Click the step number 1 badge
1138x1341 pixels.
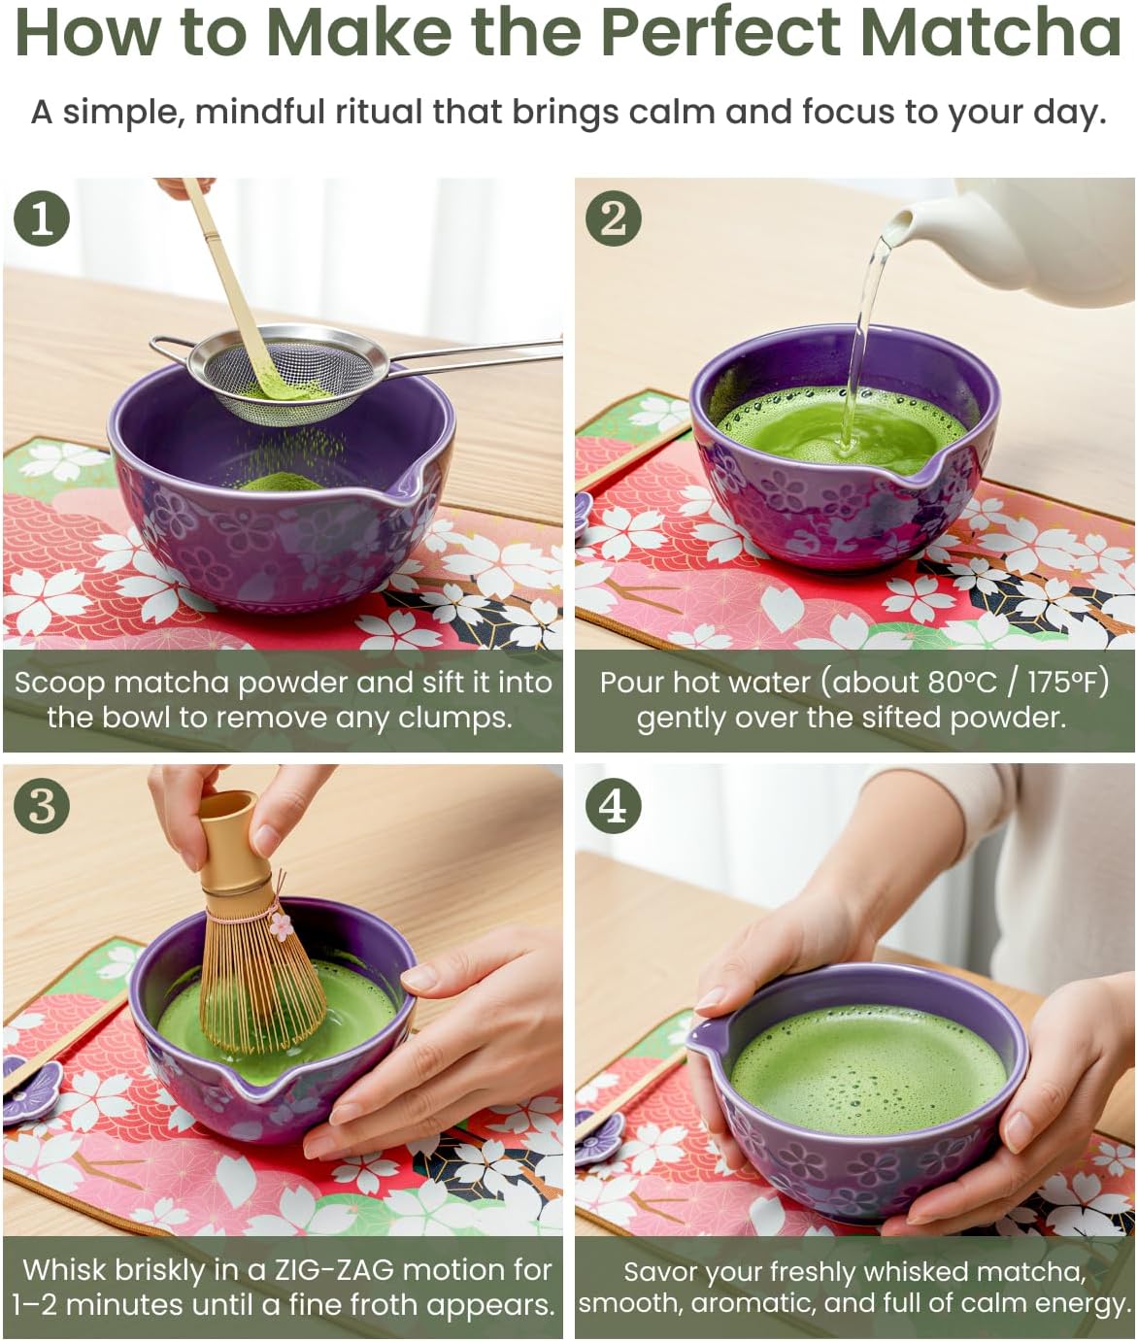42,218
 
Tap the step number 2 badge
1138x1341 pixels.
613,218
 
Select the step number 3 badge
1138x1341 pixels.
42,805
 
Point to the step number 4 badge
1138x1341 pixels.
613,805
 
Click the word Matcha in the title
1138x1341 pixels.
992,32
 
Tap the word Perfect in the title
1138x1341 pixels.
720,32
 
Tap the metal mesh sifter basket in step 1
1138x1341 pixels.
288,377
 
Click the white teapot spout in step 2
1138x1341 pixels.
899,224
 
